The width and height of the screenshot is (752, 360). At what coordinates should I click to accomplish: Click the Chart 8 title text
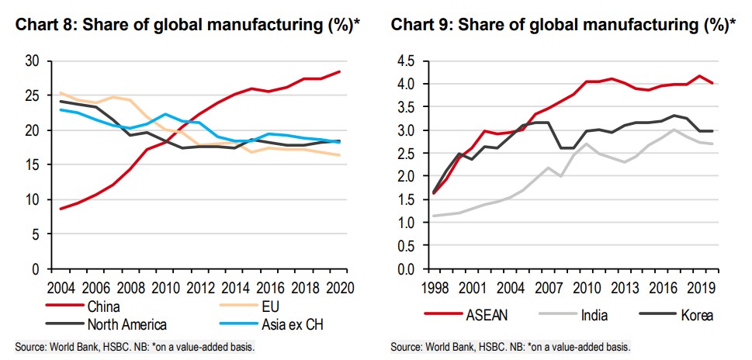coord(186,25)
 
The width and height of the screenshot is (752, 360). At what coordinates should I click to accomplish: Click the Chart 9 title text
coord(563,25)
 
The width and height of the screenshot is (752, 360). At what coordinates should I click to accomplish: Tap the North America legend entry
coord(123,324)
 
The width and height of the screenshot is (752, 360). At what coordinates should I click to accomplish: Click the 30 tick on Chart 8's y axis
coord(32,61)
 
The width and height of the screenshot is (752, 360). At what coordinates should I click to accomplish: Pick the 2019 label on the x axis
coord(701,287)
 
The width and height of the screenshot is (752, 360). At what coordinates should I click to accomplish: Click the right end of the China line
coord(339,72)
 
